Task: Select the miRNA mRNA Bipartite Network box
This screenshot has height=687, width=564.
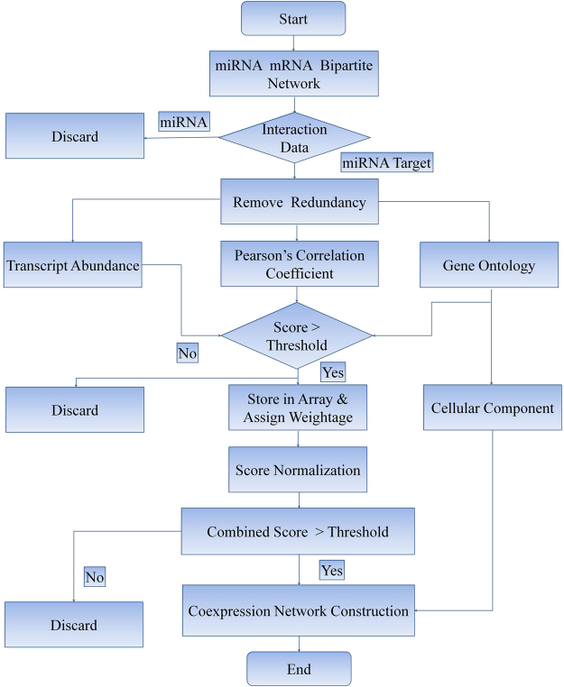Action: point(293,74)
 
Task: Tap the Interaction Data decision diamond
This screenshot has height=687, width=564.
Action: point(294,138)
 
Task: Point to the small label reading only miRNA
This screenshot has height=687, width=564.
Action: point(184,121)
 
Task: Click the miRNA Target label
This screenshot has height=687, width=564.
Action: point(387,163)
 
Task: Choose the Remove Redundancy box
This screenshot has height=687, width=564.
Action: point(299,202)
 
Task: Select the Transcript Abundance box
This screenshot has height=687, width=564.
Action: point(73,265)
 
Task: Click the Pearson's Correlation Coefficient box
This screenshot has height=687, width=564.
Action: point(299,265)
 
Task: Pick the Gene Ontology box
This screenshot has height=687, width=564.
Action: point(489,265)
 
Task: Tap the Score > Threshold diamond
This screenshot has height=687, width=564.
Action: point(297,335)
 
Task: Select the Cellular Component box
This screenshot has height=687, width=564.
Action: point(492,408)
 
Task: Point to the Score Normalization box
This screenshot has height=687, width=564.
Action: point(298,470)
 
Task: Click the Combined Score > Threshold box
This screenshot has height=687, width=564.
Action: point(298,531)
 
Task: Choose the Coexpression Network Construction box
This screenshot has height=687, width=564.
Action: point(299,610)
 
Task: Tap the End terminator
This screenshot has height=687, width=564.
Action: point(299,669)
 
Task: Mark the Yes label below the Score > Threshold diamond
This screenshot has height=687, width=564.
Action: point(332,371)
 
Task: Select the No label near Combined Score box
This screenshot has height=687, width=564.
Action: point(95,576)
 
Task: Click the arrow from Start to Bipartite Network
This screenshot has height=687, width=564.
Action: point(293,42)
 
